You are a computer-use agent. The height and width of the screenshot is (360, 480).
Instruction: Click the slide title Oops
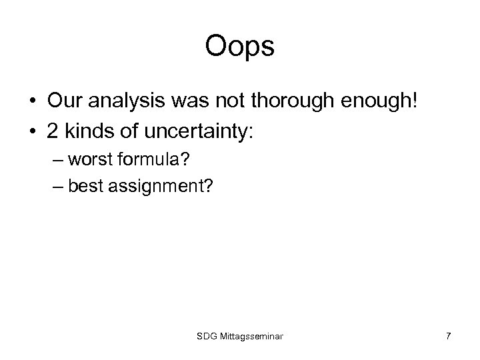(240, 47)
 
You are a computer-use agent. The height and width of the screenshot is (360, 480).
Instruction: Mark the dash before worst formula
(59, 160)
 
